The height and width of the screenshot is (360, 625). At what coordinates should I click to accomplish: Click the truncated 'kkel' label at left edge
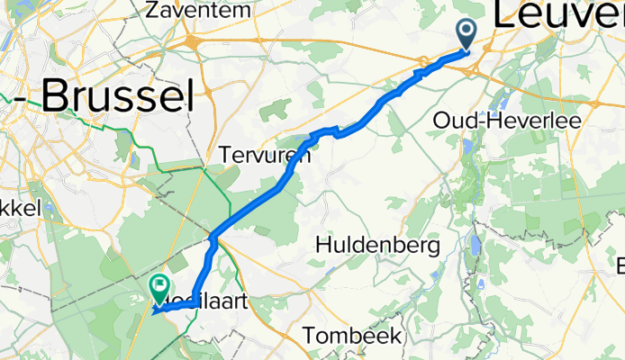pos(20,207)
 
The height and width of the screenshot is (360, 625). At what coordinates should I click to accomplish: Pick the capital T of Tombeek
pos(310,336)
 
